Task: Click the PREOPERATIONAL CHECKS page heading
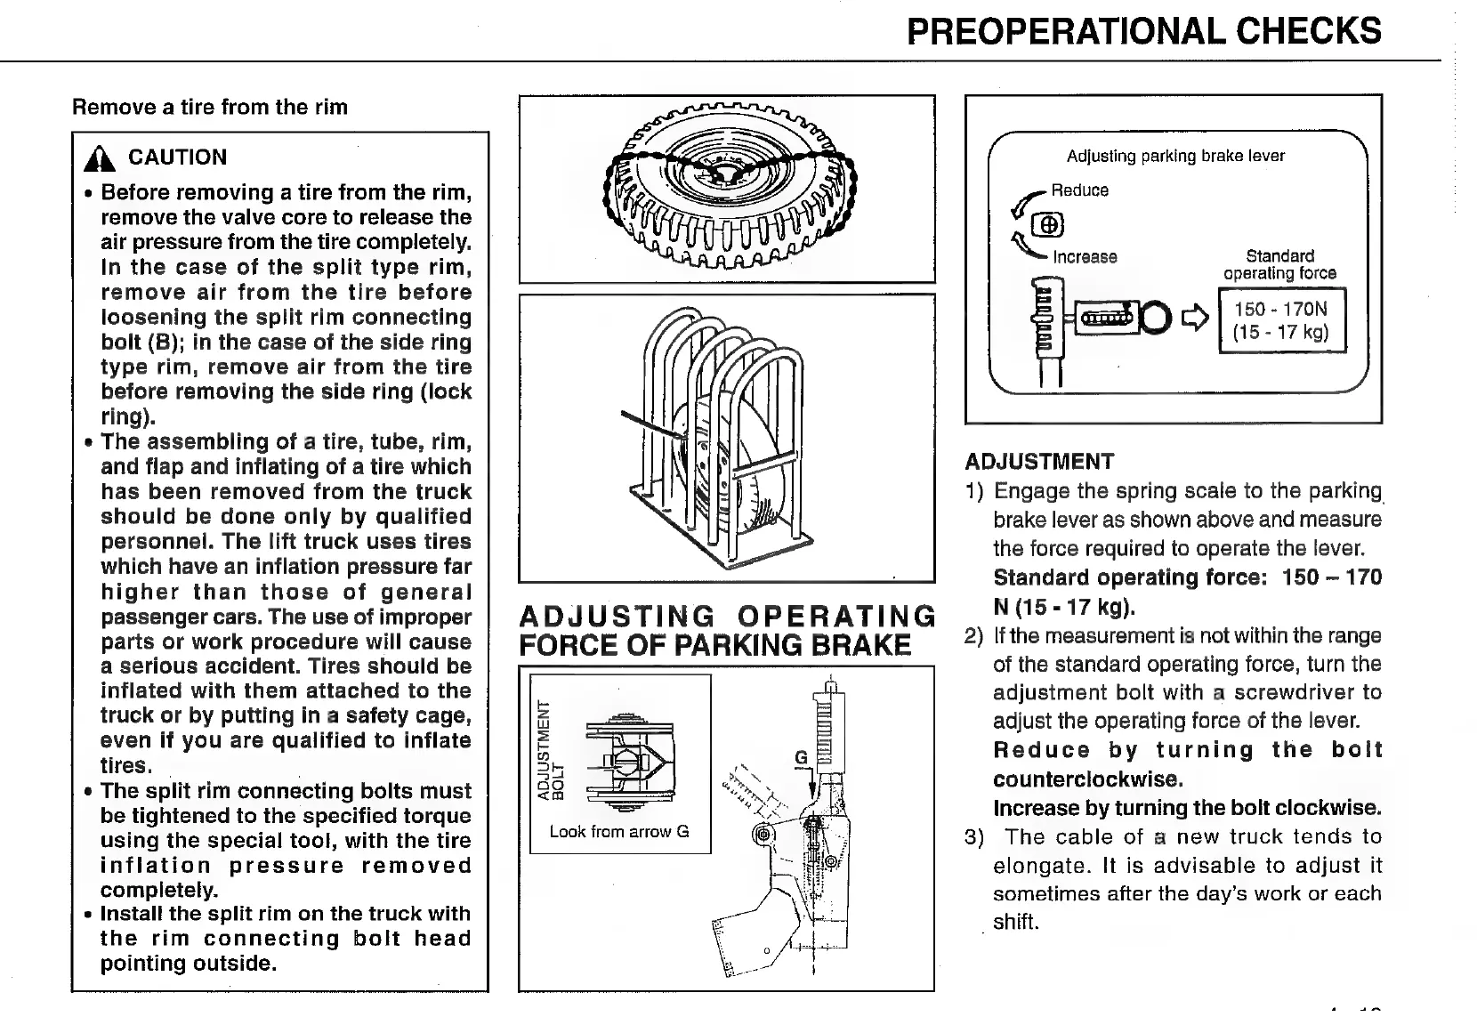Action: click(1143, 31)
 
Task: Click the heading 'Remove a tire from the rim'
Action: click(210, 108)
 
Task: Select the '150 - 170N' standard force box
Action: click(1281, 320)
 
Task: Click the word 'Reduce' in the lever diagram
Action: click(1079, 190)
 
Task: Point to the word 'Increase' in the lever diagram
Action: click(1085, 257)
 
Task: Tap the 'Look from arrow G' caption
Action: click(619, 832)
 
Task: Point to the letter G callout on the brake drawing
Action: click(800, 757)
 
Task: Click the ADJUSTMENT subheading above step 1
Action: click(1039, 462)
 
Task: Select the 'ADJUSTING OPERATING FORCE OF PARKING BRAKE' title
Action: click(725, 630)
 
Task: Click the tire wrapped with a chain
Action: click(727, 188)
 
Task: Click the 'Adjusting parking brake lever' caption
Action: click(1175, 157)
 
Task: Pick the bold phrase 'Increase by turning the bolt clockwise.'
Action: click(1187, 808)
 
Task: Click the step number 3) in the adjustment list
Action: click(975, 837)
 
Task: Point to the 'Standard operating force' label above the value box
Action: click(1279, 265)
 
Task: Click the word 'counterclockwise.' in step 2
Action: click(1087, 779)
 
